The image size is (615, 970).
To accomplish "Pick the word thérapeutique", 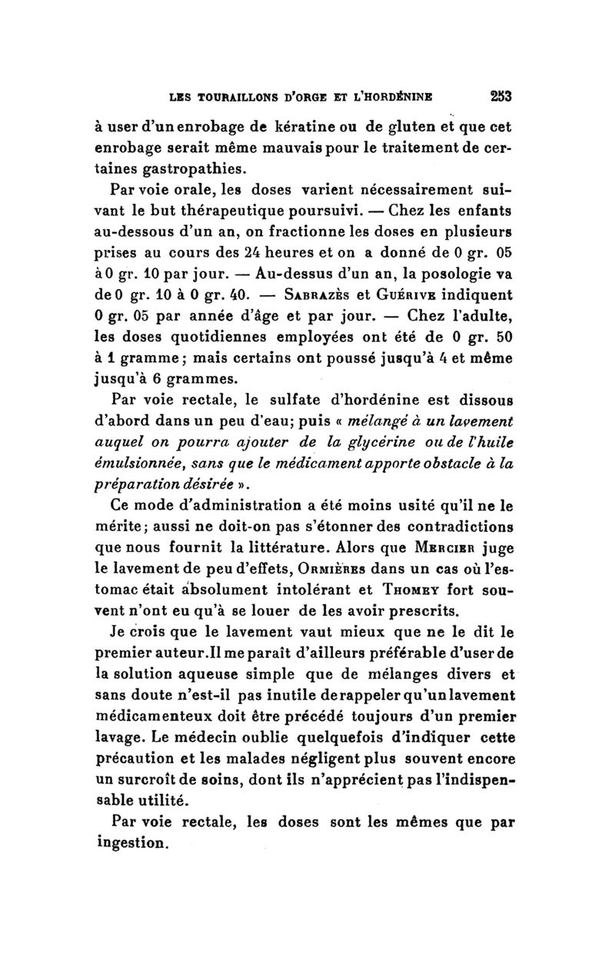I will click(238, 211).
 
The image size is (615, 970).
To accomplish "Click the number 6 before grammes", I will click(155, 378).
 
